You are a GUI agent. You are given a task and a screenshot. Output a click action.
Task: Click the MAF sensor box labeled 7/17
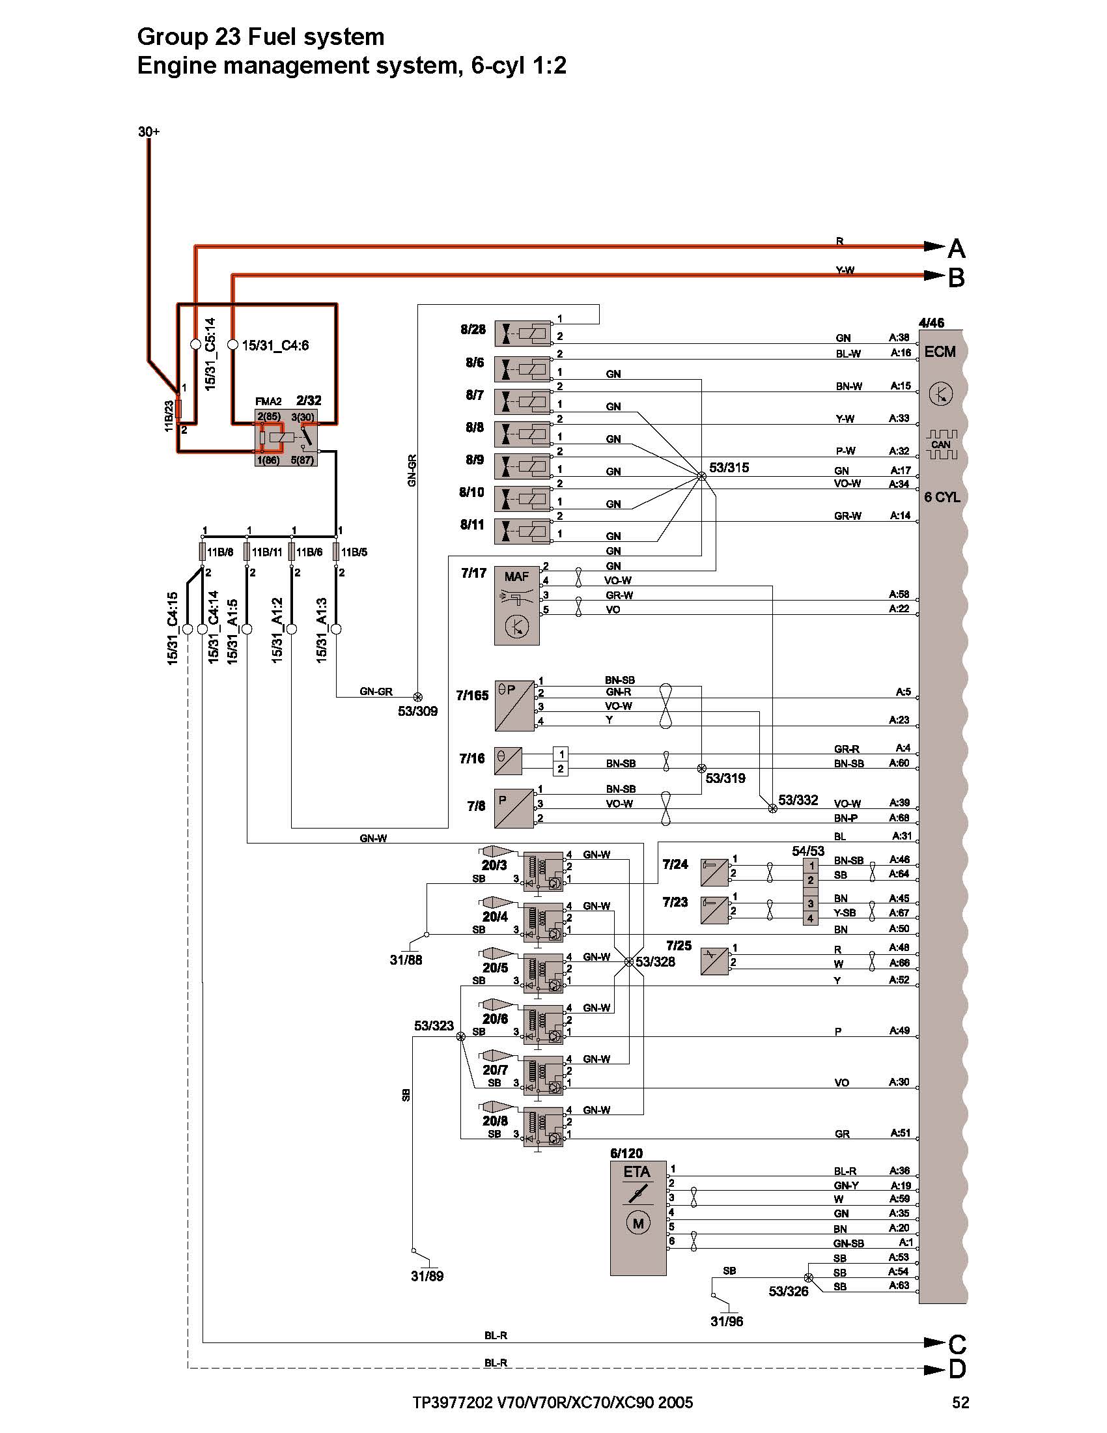(517, 604)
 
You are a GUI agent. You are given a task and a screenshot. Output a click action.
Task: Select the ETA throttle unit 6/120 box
(638, 1218)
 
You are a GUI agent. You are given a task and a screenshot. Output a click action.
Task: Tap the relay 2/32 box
(286, 438)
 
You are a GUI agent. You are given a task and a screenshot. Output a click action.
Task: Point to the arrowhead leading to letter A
(934, 247)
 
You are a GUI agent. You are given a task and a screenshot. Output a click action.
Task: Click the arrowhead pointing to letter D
(934, 1369)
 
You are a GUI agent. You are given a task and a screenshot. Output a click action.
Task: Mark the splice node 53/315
(702, 477)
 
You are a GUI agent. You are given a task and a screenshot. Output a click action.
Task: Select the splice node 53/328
(629, 962)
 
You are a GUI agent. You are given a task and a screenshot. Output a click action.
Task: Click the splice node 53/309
(417, 697)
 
